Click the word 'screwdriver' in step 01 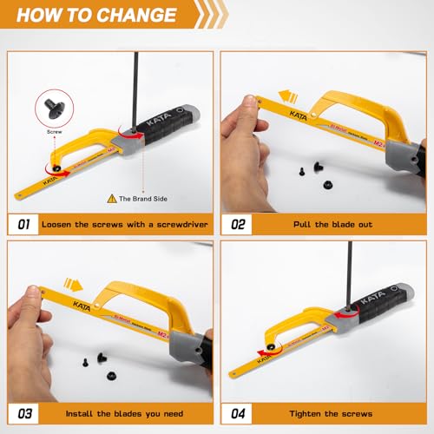pyautogui.click(x=170, y=224)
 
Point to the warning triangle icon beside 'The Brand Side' pyautogui.click(x=110, y=199)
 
